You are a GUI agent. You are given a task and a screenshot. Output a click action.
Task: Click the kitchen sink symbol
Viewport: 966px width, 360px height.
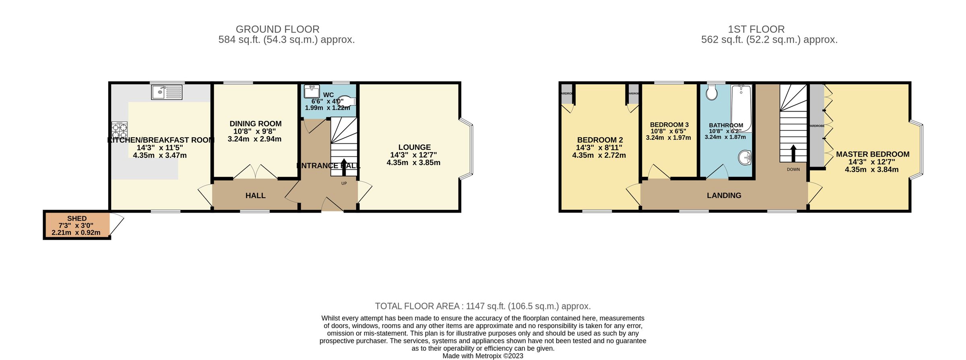point(167,92)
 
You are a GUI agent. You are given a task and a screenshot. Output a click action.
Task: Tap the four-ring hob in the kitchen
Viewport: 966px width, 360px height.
point(120,130)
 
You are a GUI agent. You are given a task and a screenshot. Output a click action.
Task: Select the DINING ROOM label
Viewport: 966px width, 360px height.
point(255,124)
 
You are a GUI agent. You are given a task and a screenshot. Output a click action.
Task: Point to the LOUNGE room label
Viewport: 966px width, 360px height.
point(414,147)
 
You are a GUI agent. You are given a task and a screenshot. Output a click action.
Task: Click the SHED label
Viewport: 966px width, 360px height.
point(77,219)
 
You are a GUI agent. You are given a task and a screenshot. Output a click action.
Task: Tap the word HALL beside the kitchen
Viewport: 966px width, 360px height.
point(255,196)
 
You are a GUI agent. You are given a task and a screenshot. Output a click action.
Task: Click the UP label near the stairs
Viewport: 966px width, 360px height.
point(344,184)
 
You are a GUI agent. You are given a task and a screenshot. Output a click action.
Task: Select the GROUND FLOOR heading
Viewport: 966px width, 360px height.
point(277,29)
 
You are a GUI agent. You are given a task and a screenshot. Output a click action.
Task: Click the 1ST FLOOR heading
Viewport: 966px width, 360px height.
point(756,29)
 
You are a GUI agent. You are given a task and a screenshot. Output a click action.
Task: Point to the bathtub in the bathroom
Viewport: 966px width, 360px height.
point(741,108)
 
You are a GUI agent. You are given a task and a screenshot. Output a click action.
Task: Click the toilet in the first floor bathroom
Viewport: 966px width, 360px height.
point(712,93)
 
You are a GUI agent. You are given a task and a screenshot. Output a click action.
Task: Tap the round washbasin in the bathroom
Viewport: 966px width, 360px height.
point(745,157)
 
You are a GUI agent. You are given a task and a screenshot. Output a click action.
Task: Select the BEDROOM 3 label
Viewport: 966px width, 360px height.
point(669,125)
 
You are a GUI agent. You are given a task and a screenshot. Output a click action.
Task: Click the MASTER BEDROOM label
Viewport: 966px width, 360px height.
point(872,154)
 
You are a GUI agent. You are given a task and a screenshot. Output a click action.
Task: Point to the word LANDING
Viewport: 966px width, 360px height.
point(724,196)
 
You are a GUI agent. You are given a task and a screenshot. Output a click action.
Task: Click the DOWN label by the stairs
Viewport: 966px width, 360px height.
point(793,170)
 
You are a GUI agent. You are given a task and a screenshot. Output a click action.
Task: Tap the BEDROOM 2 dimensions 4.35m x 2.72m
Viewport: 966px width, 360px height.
point(599,155)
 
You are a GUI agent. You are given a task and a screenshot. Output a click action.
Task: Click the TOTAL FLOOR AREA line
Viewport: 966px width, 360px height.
point(483,306)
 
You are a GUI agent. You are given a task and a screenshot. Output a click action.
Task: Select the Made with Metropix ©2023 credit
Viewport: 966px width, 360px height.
point(483,356)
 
